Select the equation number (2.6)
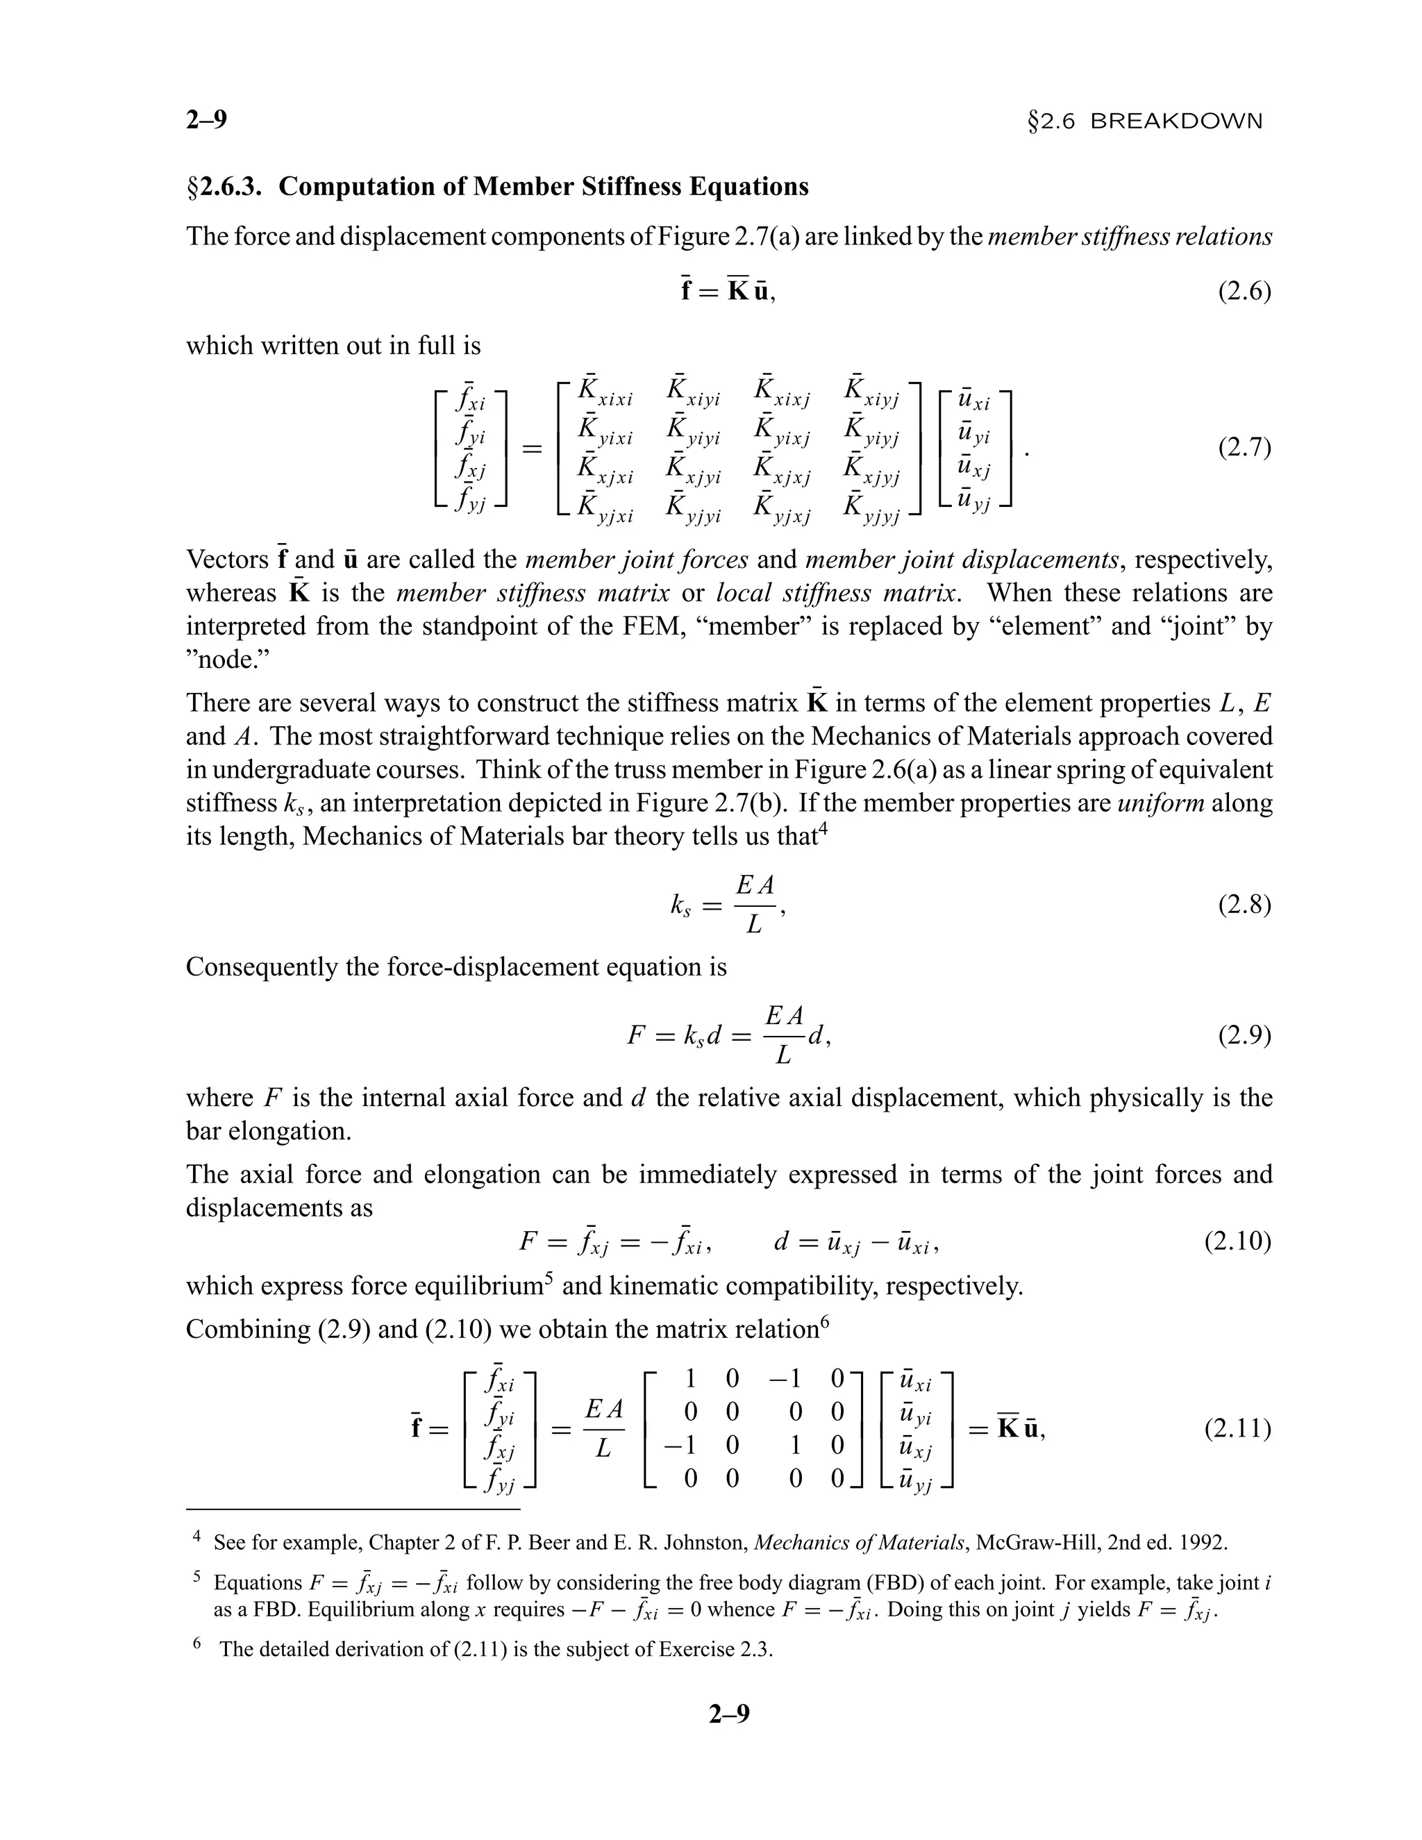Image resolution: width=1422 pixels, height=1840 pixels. pos(1244,292)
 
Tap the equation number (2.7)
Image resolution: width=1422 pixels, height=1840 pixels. pos(1244,447)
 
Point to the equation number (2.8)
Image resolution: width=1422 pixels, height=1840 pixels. pos(1244,905)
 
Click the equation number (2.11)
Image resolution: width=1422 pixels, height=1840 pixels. pos(1237,1429)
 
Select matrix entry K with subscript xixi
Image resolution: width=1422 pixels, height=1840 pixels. pos(605,394)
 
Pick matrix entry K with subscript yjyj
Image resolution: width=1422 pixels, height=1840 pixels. pos(871,510)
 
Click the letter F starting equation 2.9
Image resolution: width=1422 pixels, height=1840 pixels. pos(637,1035)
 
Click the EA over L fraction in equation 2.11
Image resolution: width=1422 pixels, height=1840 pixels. pos(604,1429)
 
